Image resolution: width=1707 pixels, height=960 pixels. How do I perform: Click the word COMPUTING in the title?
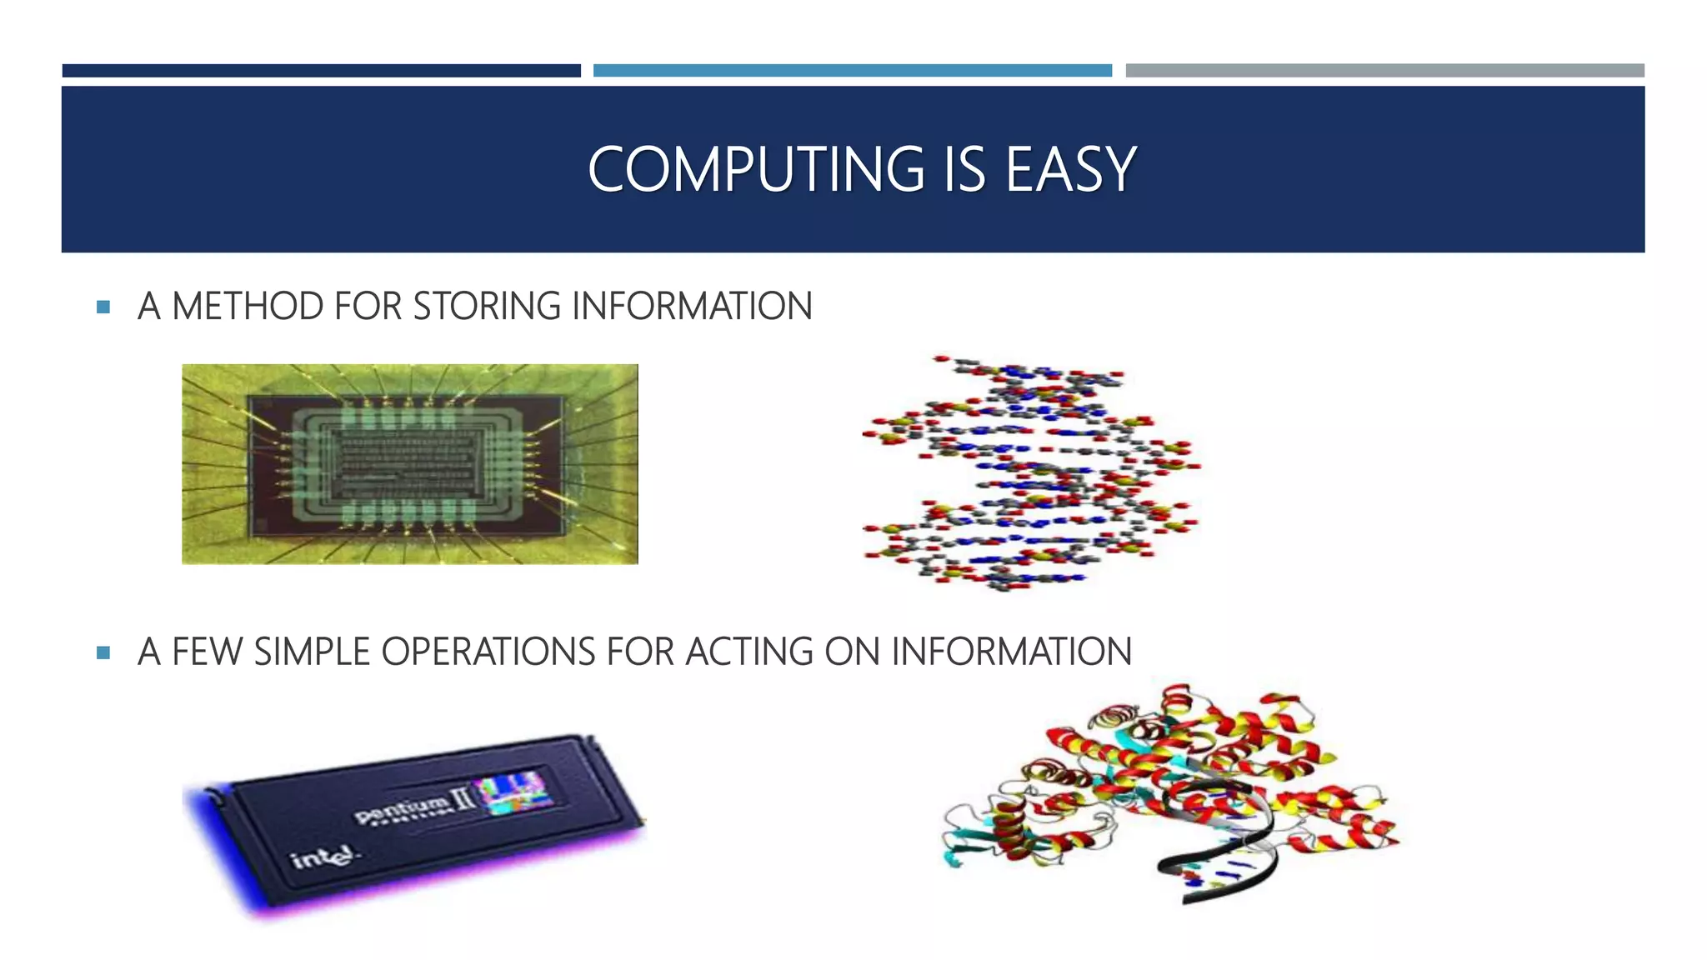[755, 170]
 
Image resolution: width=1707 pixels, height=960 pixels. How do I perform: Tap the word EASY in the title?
[1070, 170]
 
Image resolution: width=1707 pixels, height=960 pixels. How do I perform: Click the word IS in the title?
[964, 170]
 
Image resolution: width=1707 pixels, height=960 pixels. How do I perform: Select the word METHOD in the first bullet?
[248, 307]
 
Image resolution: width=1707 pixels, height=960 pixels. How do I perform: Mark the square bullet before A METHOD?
[103, 307]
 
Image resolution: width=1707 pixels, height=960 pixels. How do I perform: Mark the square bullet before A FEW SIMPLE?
[103, 653]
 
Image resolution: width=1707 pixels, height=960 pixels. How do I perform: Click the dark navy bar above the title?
[321, 71]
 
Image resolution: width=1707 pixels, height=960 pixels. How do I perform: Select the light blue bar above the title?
[852, 71]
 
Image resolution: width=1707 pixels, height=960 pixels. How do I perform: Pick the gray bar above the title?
[1384, 71]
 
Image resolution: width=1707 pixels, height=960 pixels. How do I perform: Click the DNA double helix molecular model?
[1030, 473]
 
